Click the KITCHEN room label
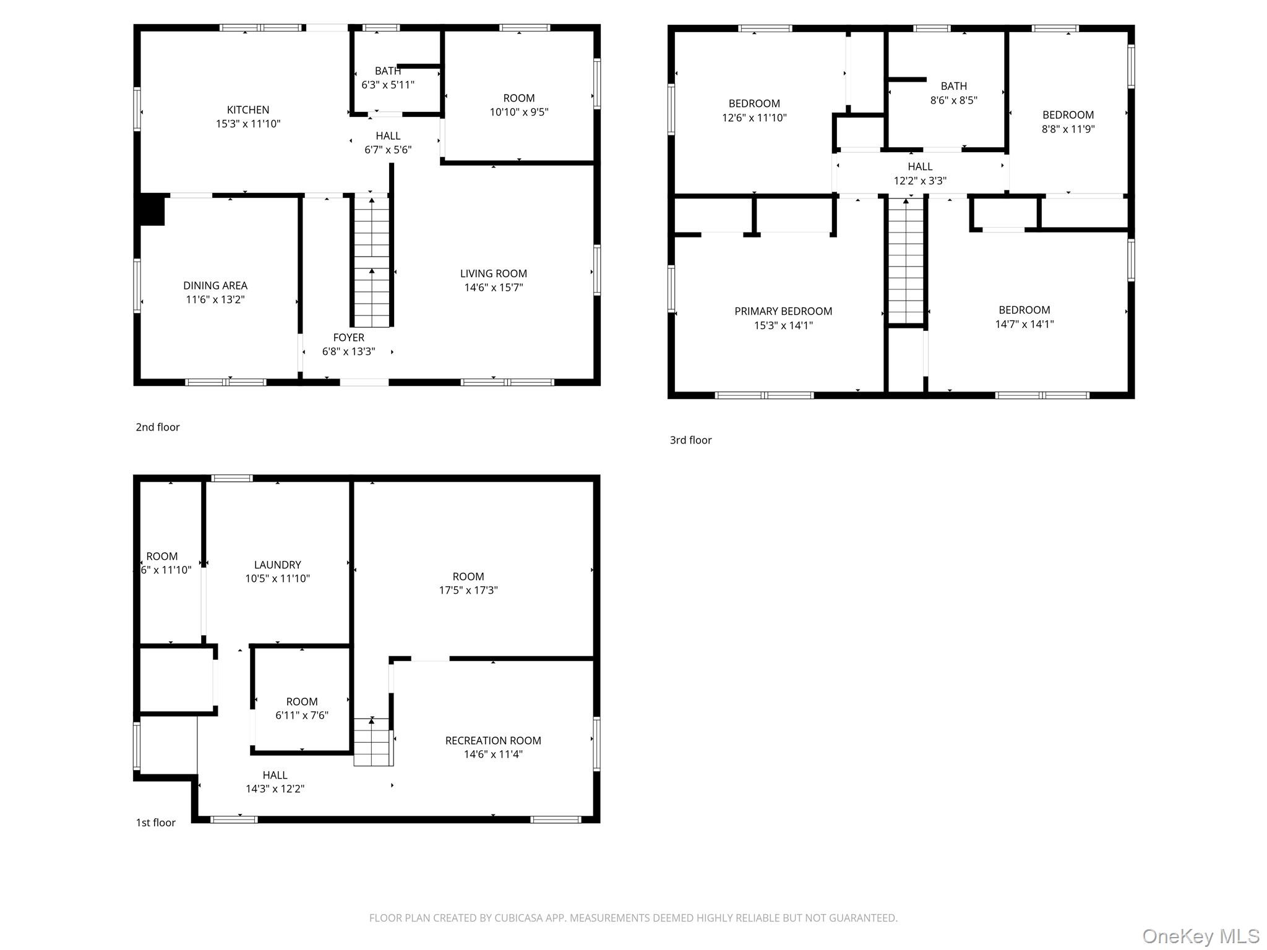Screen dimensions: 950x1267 (247, 110)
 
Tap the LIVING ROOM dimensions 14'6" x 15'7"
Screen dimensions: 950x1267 (493, 288)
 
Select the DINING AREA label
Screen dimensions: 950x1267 (215, 286)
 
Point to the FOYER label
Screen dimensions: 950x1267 (348, 338)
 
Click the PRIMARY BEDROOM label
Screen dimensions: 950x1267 (783, 312)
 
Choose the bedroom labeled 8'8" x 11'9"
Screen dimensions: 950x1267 (1068, 122)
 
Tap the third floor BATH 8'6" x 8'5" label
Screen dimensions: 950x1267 (953, 93)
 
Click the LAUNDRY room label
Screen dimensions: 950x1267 (277, 565)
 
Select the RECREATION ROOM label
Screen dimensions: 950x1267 (493, 741)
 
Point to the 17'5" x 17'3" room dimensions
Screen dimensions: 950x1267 (468, 591)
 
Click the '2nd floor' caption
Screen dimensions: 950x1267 (158, 427)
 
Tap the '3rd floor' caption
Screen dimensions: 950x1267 (690, 440)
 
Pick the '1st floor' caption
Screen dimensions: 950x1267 (155, 823)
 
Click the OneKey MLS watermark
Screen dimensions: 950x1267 (1200, 936)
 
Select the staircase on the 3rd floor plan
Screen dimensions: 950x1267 (906, 260)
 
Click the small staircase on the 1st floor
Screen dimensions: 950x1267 (372, 742)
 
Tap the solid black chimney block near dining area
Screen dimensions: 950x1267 (151, 210)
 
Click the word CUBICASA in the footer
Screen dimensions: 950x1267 (518, 918)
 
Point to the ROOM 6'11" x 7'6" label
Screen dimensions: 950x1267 (302, 709)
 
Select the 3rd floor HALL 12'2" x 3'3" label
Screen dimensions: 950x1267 (920, 174)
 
